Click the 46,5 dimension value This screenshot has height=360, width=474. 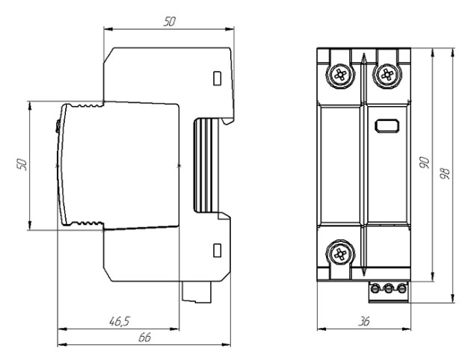coord(120,321)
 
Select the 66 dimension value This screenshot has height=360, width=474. coord(144,337)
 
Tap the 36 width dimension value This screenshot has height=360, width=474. coord(363,321)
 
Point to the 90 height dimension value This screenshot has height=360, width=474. coord(425,163)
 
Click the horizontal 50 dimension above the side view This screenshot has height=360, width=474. coord(170,22)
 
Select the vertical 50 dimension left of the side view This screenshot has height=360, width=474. coord(22,164)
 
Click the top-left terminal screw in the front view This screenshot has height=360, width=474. coord(340,74)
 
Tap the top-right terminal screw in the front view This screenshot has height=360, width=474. coord(387,74)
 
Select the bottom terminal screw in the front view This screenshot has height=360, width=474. coord(340,254)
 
